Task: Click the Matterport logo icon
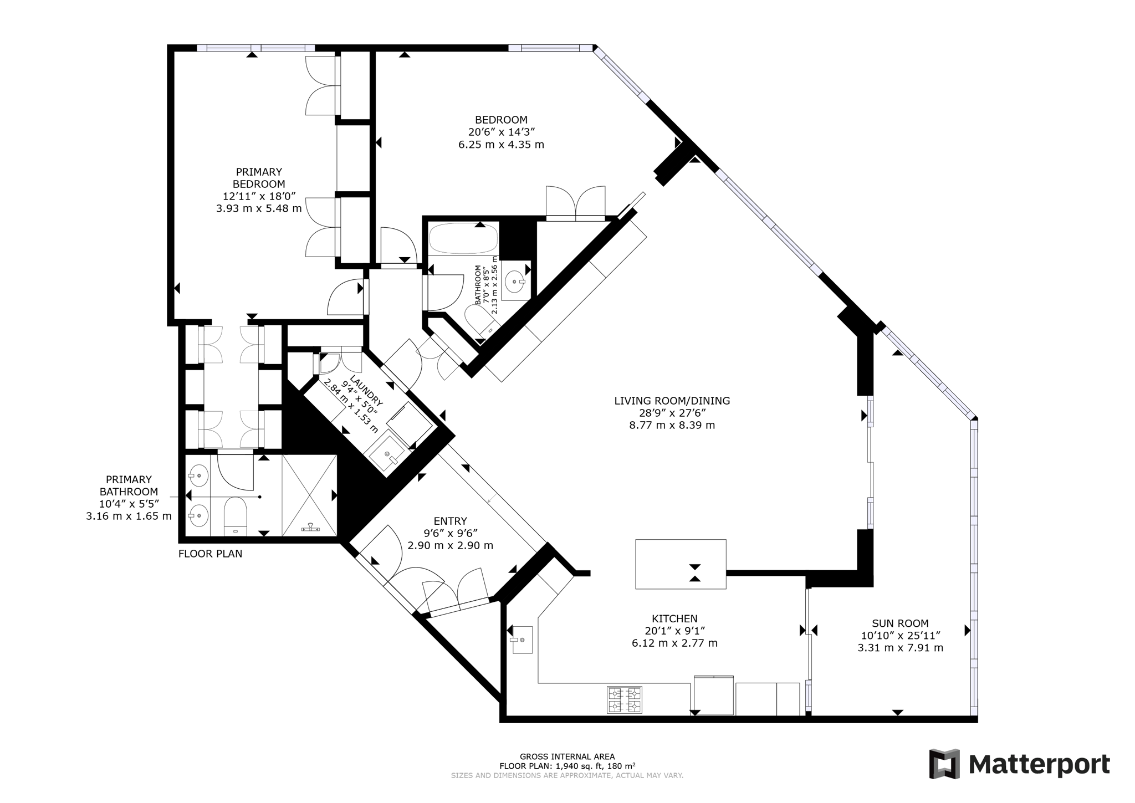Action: pyautogui.click(x=944, y=764)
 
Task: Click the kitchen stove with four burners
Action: pyautogui.click(x=625, y=699)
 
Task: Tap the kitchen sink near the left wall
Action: pyautogui.click(x=522, y=640)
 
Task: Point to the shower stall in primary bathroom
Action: pyautogui.click(x=309, y=495)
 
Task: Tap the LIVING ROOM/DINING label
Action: pyautogui.click(x=672, y=401)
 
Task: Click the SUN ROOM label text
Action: pyautogui.click(x=900, y=623)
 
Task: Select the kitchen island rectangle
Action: pyautogui.click(x=680, y=564)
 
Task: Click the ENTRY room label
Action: pyautogui.click(x=450, y=521)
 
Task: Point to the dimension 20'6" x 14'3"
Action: pyautogui.click(x=501, y=132)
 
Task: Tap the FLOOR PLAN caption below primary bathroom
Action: pyautogui.click(x=210, y=554)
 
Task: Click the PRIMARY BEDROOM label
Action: pyautogui.click(x=258, y=178)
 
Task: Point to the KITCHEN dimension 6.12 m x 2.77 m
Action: pyautogui.click(x=674, y=643)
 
